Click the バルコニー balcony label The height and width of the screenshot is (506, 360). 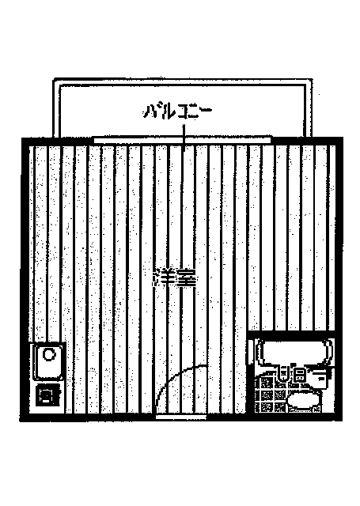click(x=177, y=112)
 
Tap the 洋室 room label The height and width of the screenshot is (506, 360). click(x=175, y=278)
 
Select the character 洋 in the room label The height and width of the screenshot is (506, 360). click(x=165, y=278)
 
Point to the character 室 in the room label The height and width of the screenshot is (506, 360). click(x=186, y=278)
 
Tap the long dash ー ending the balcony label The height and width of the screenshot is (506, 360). click(x=204, y=110)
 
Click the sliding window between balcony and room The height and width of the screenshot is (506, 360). click(x=182, y=140)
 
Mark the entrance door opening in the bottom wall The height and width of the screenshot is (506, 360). click(x=181, y=417)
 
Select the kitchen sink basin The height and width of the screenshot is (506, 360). click(x=48, y=361)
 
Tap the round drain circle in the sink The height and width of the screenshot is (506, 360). click(x=49, y=354)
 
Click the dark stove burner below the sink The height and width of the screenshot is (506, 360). click(x=47, y=395)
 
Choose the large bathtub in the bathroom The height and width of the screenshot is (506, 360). click(x=294, y=353)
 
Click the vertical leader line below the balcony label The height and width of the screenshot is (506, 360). click(x=184, y=138)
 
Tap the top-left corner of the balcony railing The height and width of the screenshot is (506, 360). click(x=54, y=78)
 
